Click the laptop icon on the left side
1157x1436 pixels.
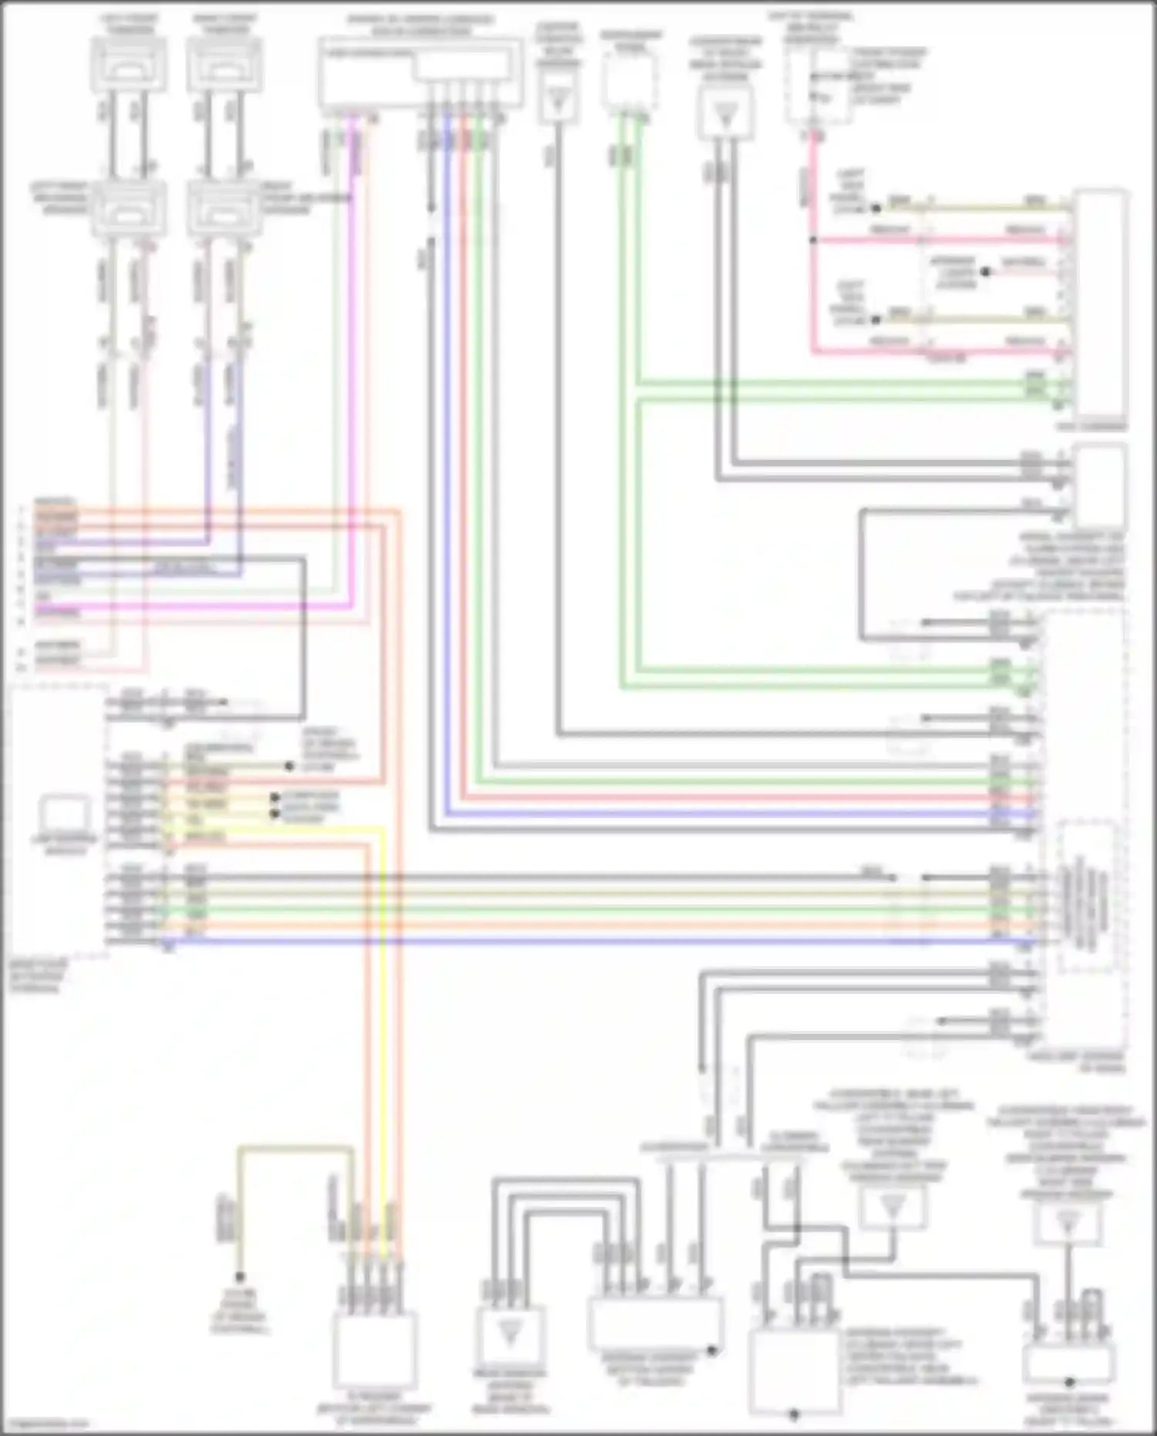(65, 813)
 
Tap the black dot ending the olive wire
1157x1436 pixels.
(240, 1277)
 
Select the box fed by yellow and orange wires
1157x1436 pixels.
(375, 1349)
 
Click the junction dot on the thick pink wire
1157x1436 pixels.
(812, 240)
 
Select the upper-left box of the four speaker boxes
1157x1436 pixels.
(129, 64)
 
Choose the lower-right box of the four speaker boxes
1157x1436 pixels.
(224, 209)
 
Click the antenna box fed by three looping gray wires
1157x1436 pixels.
(509, 1333)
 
